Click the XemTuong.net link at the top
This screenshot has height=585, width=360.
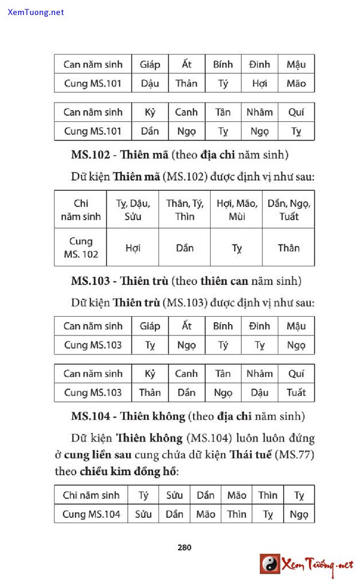tap(36, 12)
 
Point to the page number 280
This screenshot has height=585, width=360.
tap(184, 547)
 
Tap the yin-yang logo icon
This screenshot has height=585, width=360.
tap(270, 564)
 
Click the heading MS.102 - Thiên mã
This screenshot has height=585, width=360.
tap(119, 155)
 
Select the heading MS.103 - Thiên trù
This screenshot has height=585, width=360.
tap(120, 281)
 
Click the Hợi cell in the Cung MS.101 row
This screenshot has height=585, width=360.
tap(260, 83)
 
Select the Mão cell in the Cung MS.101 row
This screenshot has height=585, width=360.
tap(296, 83)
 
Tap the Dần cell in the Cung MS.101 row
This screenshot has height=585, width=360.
tap(150, 131)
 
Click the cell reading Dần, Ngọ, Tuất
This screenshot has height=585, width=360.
tap(289, 209)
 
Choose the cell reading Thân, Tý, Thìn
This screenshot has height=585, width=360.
tap(185, 209)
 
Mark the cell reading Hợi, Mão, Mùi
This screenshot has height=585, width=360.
tap(236, 209)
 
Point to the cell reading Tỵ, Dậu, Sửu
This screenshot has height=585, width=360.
tap(133, 209)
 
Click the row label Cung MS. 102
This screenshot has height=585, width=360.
tap(81, 247)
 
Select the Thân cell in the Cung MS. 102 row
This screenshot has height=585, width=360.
tap(289, 247)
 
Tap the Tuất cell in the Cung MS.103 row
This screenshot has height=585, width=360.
tap(296, 392)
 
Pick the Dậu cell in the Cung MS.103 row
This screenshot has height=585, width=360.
tap(260, 392)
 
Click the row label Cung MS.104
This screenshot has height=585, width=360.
tap(91, 514)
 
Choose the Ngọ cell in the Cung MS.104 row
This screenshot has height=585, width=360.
tap(299, 514)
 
